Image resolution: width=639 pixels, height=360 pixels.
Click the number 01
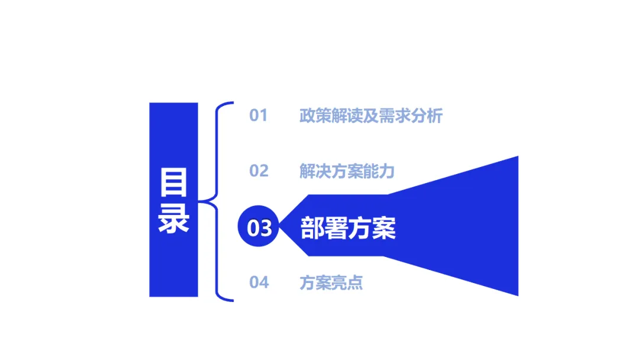pos(259,115)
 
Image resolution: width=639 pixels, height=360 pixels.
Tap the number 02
pos(259,171)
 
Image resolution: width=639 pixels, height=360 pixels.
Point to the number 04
pos(259,282)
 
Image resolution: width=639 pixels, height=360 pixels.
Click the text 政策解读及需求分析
pos(371,115)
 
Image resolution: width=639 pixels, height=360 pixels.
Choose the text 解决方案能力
pos(347,171)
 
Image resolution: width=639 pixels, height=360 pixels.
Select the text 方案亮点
pos(331,282)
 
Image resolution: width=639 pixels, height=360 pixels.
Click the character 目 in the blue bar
pos(173,182)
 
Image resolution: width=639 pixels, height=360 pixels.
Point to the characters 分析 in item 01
pos(427,115)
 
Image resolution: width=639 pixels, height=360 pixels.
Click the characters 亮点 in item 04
pos(347,282)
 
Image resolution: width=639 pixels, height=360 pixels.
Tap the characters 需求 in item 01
pos(395,115)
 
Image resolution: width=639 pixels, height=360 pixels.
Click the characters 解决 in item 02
pos(315,171)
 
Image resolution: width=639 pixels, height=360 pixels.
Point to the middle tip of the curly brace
pos(202,201)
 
